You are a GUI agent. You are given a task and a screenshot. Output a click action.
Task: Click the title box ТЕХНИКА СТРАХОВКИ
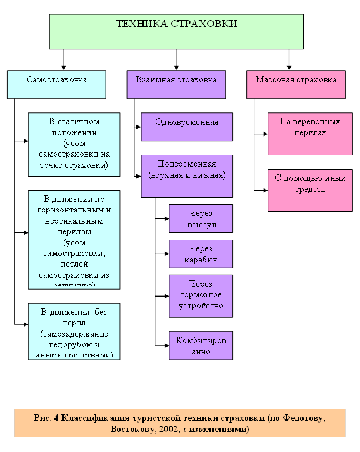coord(176,31)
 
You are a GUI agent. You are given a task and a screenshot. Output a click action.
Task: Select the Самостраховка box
coord(56,84)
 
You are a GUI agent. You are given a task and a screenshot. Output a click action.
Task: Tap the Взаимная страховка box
coord(176,84)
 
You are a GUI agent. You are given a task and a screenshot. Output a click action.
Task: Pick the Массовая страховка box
coord(296,84)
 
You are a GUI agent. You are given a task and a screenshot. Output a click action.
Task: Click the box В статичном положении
coord(74,144)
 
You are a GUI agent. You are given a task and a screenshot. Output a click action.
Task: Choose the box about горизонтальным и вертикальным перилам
coord(74,239)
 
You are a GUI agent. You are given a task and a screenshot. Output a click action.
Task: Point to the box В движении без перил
coord(74,331)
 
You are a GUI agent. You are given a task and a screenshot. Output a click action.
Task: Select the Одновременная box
coord(187,127)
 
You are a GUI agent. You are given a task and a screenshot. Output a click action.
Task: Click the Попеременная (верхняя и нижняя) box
coord(187,175)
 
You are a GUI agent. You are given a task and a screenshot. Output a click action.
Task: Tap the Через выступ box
coord(201,218)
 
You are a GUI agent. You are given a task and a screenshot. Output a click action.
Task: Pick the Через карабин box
coord(201,254)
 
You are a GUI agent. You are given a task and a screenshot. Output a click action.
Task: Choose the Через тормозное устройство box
coord(201,295)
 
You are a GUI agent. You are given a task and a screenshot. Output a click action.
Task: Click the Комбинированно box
coord(201,345)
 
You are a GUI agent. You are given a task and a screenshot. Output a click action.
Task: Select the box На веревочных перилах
coord(310,134)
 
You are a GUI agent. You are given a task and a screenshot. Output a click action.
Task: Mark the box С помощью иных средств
coord(310,190)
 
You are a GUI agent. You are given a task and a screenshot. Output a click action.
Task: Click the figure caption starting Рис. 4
coord(180,423)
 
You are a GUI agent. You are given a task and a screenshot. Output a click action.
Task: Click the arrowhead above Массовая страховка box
coord(289,67)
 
